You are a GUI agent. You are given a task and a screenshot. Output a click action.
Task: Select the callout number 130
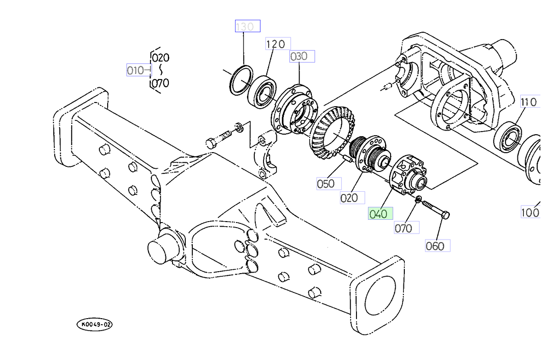[247, 27]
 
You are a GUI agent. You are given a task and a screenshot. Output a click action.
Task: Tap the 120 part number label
[277, 44]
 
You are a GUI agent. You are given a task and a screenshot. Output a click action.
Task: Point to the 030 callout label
[302, 56]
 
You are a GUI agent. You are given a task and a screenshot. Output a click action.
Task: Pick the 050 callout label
[328, 184]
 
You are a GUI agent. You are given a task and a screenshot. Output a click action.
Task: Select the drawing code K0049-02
[95, 325]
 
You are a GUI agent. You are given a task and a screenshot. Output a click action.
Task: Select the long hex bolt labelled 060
[435, 210]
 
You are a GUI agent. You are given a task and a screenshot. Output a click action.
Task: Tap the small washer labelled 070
[418, 199]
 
